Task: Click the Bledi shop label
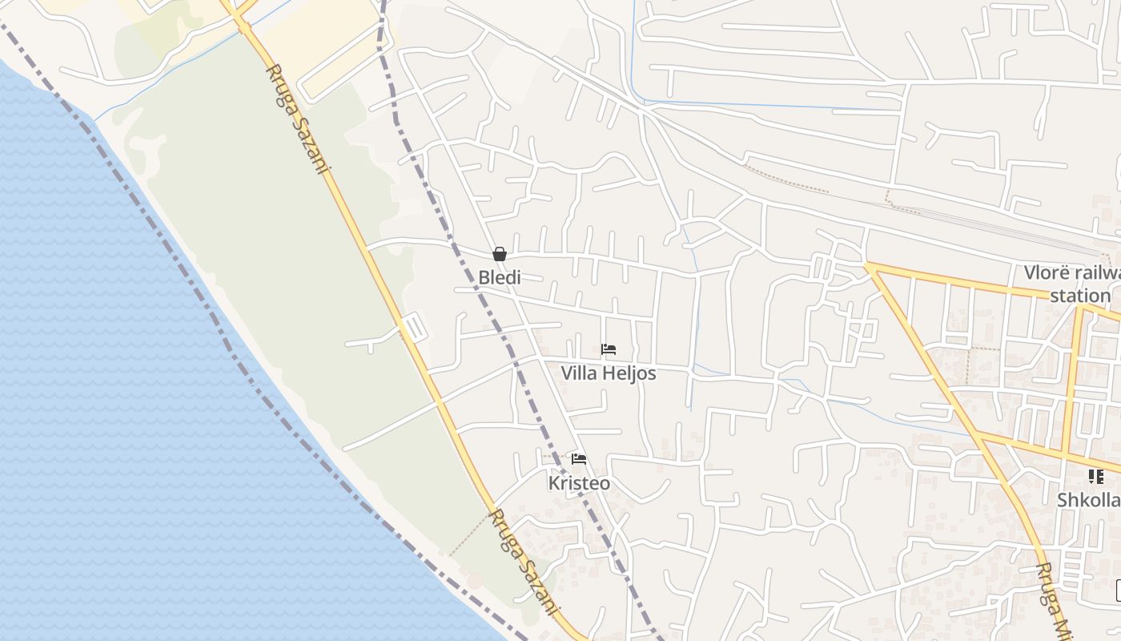(499, 278)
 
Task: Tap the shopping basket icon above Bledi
(500, 254)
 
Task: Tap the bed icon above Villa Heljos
(609, 349)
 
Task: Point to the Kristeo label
(579, 483)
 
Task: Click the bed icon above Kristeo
(579, 459)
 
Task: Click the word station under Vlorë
(1080, 296)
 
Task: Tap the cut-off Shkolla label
(1088, 500)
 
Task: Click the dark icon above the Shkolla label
(1095, 477)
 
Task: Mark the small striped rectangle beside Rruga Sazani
(413, 328)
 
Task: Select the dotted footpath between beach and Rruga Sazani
(468, 536)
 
